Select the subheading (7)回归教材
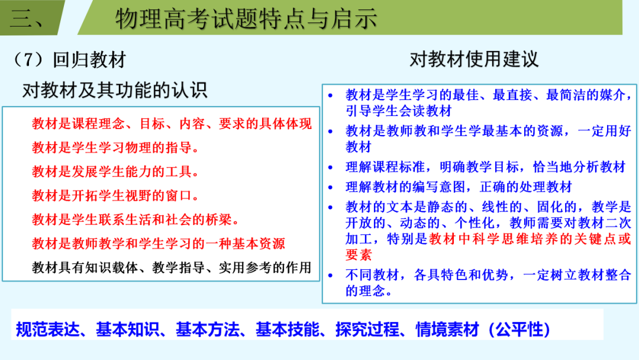70,60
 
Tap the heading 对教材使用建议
474,59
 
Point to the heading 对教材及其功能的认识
115,90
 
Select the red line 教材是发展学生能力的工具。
116,172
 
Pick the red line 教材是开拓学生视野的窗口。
116,195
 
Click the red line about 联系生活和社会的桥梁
135,220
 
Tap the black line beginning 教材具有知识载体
172,267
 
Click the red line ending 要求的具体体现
172,124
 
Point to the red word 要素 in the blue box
359,255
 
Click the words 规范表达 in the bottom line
49,329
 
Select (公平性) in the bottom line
519,329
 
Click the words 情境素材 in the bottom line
447,329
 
